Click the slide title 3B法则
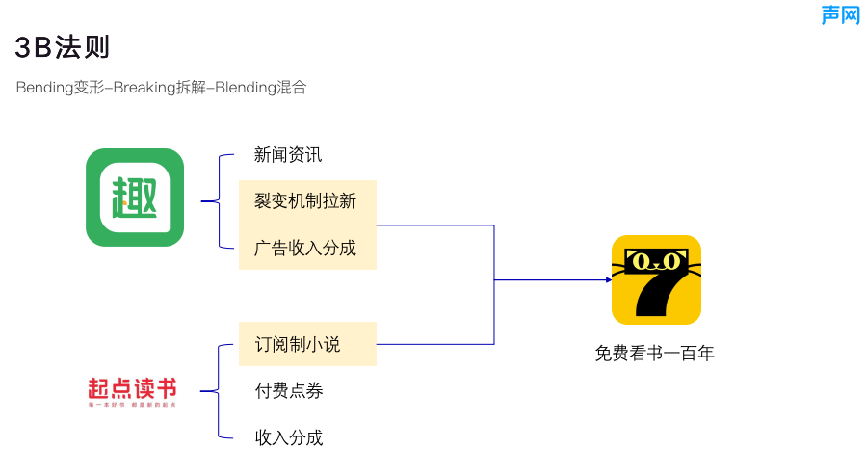[x=63, y=46]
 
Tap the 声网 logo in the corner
[x=840, y=14]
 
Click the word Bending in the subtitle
[x=44, y=88]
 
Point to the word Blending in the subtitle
[x=245, y=88]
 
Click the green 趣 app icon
[x=135, y=197]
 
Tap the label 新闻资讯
[x=288, y=154]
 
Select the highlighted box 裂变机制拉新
[x=306, y=201]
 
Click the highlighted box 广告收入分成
[x=306, y=248]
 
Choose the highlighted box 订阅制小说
[x=306, y=344]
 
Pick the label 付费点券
[x=289, y=390]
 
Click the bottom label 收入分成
[x=289, y=437]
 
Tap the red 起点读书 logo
[x=132, y=390]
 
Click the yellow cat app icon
[x=656, y=279]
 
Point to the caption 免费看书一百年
[x=655, y=354]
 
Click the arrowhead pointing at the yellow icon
[x=608, y=280]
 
